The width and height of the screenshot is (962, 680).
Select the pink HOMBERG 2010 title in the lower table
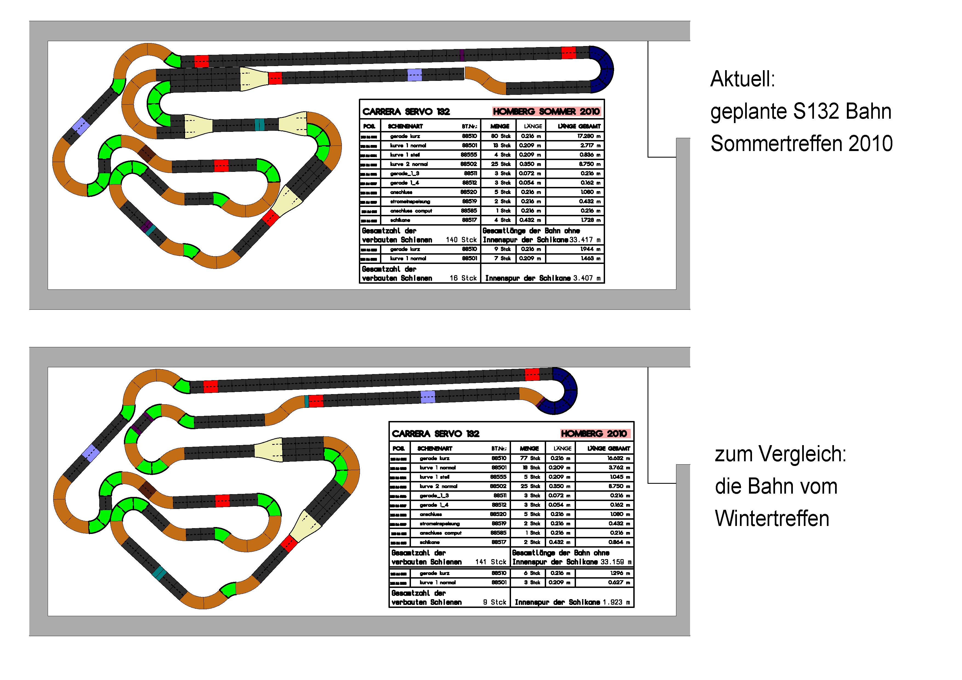pyautogui.click(x=594, y=434)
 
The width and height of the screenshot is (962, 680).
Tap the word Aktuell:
pyautogui.click(x=742, y=79)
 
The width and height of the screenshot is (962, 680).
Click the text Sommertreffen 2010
pyautogui.click(x=801, y=144)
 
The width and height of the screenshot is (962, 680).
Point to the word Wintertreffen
pyautogui.click(x=772, y=519)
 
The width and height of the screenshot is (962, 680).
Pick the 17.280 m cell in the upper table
pyautogui.click(x=589, y=136)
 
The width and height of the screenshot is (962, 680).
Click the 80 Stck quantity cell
pyautogui.click(x=501, y=136)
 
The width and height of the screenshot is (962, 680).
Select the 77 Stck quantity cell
pyautogui.click(x=530, y=458)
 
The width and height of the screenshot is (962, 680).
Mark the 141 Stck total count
pyautogui.click(x=491, y=562)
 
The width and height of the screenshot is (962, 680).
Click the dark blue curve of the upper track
pyautogui.click(x=603, y=69)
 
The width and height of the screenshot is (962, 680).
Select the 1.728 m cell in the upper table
pyautogui.click(x=590, y=220)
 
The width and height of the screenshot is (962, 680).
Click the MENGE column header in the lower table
pyautogui.click(x=529, y=448)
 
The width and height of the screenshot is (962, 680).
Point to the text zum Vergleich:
pyautogui.click(x=780, y=454)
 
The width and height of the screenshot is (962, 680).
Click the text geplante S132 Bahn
pyautogui.click(x=800, y=112)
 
